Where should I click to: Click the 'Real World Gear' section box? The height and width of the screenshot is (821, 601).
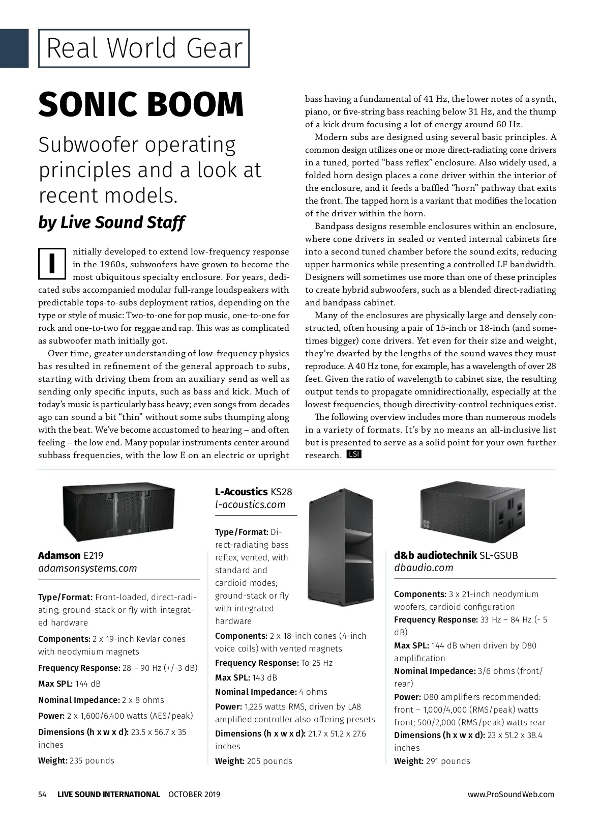pos(144,48)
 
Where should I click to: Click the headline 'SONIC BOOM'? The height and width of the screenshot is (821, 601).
pos(141,104)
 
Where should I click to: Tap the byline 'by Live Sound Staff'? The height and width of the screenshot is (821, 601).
pos(111,222)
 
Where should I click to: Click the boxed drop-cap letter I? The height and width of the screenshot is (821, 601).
pos(52,264)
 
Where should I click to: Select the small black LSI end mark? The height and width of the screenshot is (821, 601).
pos(353,454)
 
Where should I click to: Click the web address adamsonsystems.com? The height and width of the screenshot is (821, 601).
pos(87,569)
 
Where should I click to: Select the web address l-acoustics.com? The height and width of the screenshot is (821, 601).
pos(250,504)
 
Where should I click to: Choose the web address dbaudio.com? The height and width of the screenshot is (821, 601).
pos(423,568)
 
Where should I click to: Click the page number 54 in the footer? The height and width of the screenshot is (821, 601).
pos(42,794)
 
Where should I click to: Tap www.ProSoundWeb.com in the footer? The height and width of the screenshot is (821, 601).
pos(511,794)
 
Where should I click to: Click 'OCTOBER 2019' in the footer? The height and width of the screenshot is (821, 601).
pos(194,794)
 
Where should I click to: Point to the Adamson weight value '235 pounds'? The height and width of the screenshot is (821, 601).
pos(92,760)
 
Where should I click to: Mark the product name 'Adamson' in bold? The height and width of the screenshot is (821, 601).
pos(59,555)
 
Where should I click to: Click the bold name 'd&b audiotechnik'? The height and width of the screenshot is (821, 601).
pos(435,555)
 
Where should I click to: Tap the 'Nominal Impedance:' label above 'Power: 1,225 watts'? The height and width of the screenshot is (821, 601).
pos(256,692)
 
